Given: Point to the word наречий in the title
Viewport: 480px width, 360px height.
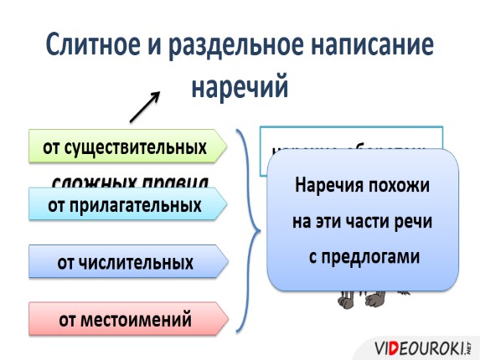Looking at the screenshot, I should coord(240,87).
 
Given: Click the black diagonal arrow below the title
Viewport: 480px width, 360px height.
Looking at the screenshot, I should coord(144,107).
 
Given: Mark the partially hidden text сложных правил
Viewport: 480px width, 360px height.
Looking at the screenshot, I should coord(130,181).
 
